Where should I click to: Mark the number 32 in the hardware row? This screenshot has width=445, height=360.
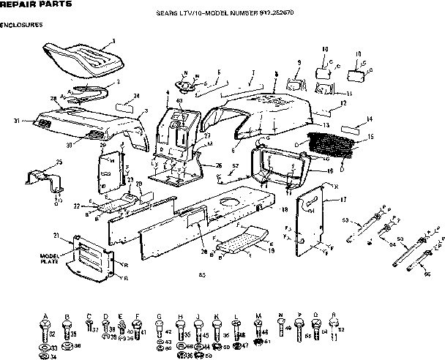pos(53,334)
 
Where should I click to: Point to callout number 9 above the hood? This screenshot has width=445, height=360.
pos(299,63)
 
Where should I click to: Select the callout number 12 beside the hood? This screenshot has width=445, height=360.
pos(343,105)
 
